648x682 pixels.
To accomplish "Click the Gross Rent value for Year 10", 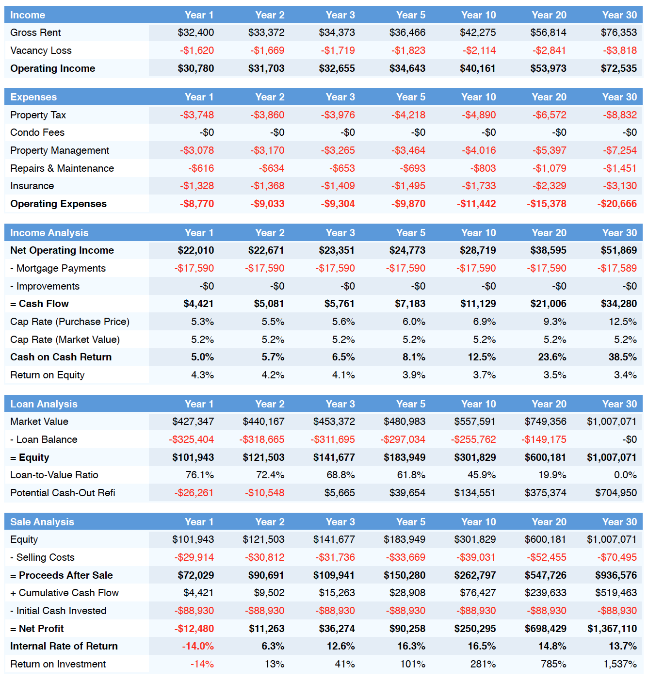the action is (x=477, y=32).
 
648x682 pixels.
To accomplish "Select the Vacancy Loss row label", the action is (x=41, y=50).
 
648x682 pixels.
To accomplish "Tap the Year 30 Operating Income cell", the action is (x=618, y=68).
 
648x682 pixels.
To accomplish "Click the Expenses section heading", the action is (x=33, y=97).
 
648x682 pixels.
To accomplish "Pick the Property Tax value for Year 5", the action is (x=408, y=115).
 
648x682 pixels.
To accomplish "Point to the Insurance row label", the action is (x=32, y=186).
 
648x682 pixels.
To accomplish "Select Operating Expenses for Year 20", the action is (x=546, y=204).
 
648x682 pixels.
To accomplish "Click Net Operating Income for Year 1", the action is (x=195, y=250).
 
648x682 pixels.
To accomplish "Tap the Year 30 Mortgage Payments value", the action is (x=617, y=268).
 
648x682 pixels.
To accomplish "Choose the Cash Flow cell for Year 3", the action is (x=339, y=304).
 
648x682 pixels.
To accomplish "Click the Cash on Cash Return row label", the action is (x=61, y=357).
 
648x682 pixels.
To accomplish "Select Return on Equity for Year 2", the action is (x=273, y=375).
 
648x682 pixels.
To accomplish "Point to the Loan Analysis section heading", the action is (x=44, y=404).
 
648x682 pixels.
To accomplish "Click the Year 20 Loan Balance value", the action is (x=544, y=439).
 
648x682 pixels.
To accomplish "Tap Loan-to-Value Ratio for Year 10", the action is (x=482, y=475).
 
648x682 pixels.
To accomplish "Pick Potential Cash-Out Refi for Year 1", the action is (x=194, y=493).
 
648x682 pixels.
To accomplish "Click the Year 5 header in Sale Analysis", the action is (x=411, y=522).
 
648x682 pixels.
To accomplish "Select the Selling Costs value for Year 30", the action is (x=617, y=557).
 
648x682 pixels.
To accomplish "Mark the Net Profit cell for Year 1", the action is (x=194, y=629).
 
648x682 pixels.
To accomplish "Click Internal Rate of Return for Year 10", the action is (x=482, y=646).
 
